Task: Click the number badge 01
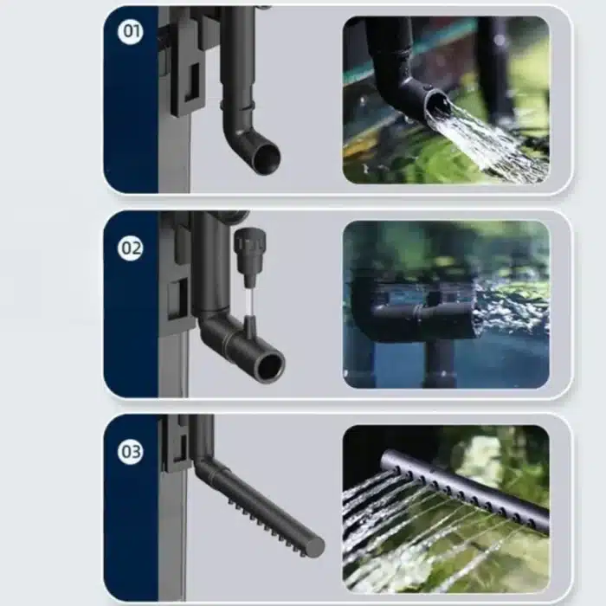(x=131, y=30)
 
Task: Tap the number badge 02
(x=131, y=248)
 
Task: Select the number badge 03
(x=131, y=451)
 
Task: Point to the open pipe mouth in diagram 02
(x=271, y=366)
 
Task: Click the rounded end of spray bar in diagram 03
(x=316, y=545)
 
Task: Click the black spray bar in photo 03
(x=465, y=490)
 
